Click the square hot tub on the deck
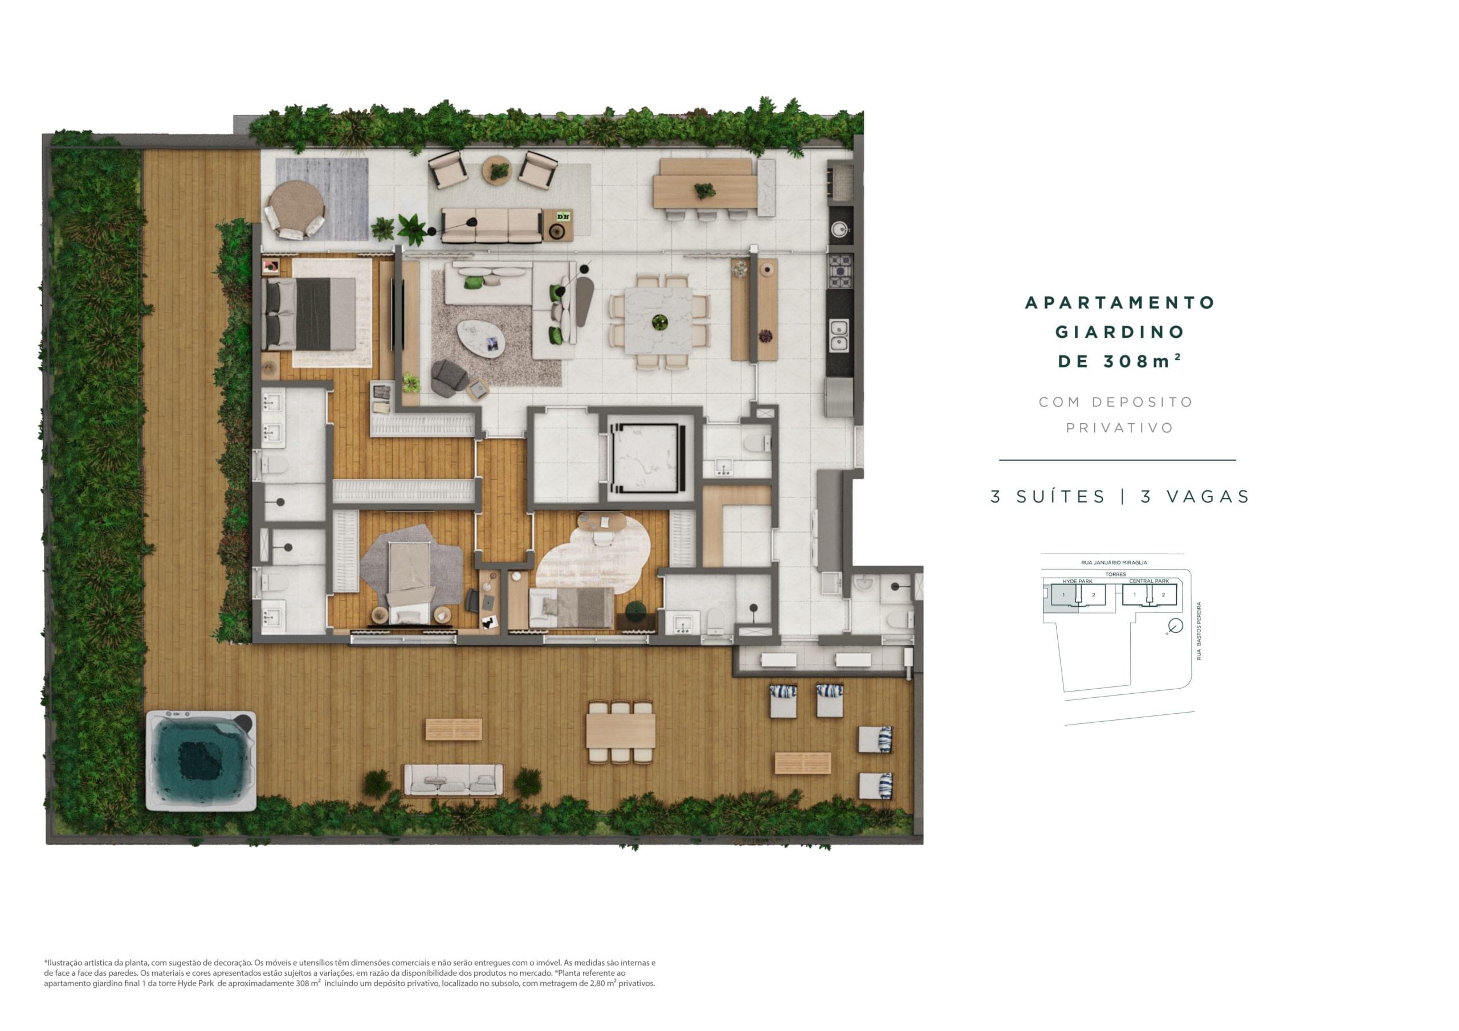pos(201,760)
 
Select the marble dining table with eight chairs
pos(658,321)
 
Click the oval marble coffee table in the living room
pos(481,337)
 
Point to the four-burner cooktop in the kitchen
pos(840,272)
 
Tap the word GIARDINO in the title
pos(1120,332)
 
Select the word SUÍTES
pos(1061,496)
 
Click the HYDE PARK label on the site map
pos(1077,581)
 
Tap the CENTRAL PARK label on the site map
pos(1149,581)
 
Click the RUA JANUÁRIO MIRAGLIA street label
pos(1114,562)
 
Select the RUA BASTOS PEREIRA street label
pos(1199,631)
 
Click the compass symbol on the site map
pos(1175,627)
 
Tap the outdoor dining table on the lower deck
pos(620,731)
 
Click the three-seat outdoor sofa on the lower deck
pos(453,780)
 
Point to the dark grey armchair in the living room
pos(449,377)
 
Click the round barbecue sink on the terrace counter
pos(840,230)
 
